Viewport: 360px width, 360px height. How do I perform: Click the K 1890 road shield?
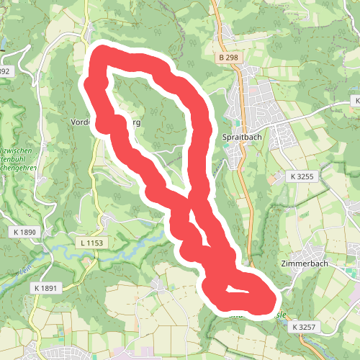[24, 233]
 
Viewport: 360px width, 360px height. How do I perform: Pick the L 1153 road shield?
[91, 243]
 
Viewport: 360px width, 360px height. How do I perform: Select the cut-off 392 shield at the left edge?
[5, 71]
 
